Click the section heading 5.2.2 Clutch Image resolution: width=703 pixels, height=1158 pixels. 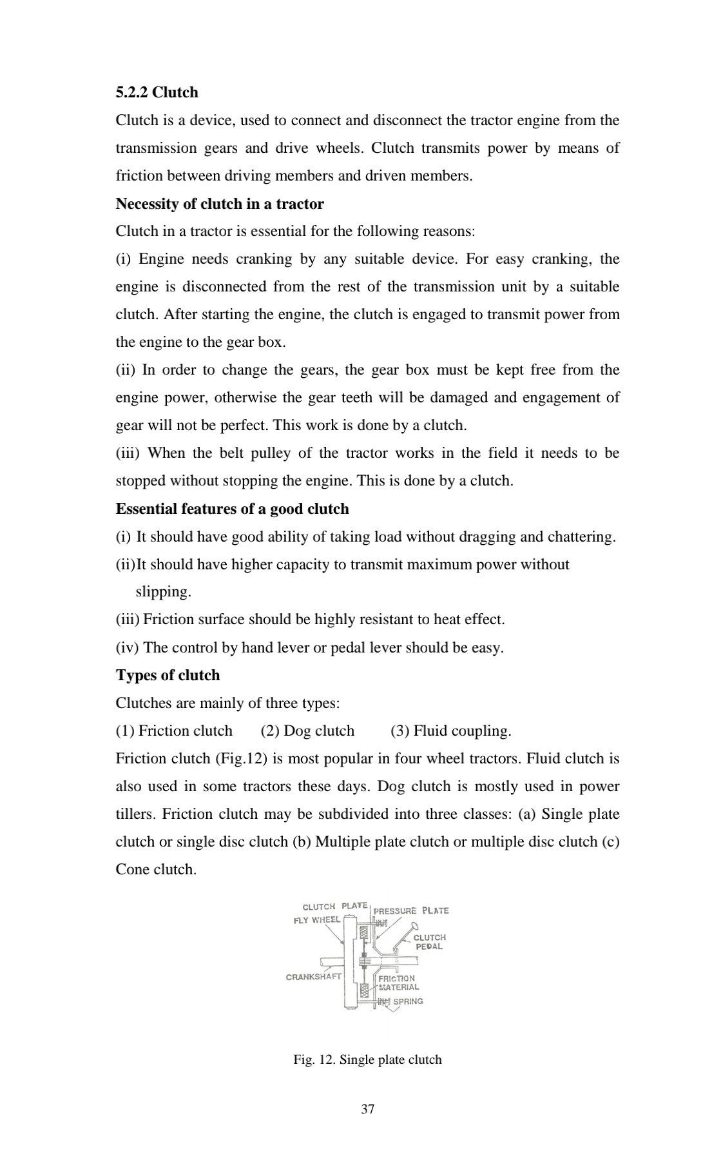[157, 93]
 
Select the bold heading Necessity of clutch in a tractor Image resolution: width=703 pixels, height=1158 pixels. [219, 204]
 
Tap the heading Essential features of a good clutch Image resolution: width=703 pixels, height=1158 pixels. [232, 509]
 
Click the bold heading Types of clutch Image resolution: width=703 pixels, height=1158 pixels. [168, 676]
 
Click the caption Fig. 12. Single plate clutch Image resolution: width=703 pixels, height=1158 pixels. [367, 1059]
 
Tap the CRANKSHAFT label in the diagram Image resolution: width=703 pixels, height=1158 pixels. [313, 977]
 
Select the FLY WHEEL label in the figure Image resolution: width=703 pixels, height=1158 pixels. [316, 920]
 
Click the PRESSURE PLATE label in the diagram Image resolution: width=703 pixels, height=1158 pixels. [411, 911]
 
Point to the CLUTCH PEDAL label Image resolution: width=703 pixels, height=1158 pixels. [429, 942]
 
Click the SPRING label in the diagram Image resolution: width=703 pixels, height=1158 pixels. [408, 1001]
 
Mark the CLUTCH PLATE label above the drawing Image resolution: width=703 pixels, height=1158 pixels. [334, 907]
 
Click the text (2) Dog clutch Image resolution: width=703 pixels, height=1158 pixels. [307, 731]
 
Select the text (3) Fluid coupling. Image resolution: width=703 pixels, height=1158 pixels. [450, 731]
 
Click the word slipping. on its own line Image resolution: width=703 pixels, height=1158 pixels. [163, 592]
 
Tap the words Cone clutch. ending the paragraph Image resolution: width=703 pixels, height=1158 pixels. [156, 870]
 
